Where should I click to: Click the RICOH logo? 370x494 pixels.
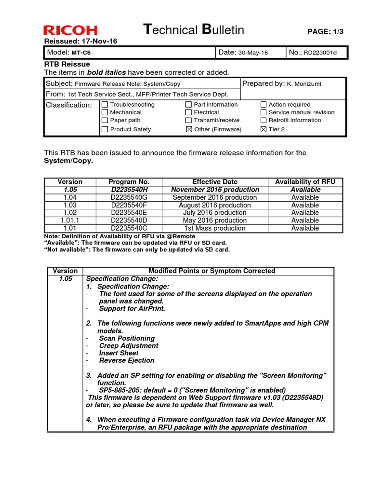pyautogui.click(x=70, y=30)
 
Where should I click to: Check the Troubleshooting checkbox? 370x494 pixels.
pyautogui.click(x=105, y=105)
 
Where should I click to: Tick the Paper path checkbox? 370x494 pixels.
pyautogui.click(x=105, y=121)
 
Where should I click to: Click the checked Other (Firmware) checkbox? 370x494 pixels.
pyautogui.click(x=189, y=129)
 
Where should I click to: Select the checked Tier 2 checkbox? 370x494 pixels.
pyautogui.click(x=264, y=129)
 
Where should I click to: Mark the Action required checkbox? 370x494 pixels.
pyautogui.click(x=264, y=105)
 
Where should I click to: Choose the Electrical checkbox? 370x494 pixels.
pyautogui.click(x=189, y=112)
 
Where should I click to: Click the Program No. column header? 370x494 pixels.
pyautogui.click(x=129, y=182)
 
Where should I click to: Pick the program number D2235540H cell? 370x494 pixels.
pyautogui.click(x=129, y=190)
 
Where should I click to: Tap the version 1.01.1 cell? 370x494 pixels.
pyautogui.click(x=70, y=220)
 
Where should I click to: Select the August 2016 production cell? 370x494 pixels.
pyautogui.click(x=215, y=205)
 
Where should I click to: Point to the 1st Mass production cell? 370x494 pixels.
pyautogui.click(x=215, y=228)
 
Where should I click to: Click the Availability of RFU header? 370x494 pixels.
pyautogui.click(x=305, y=182)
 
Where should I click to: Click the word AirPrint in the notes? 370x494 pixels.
pyautogui.click(x=152, y=309)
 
